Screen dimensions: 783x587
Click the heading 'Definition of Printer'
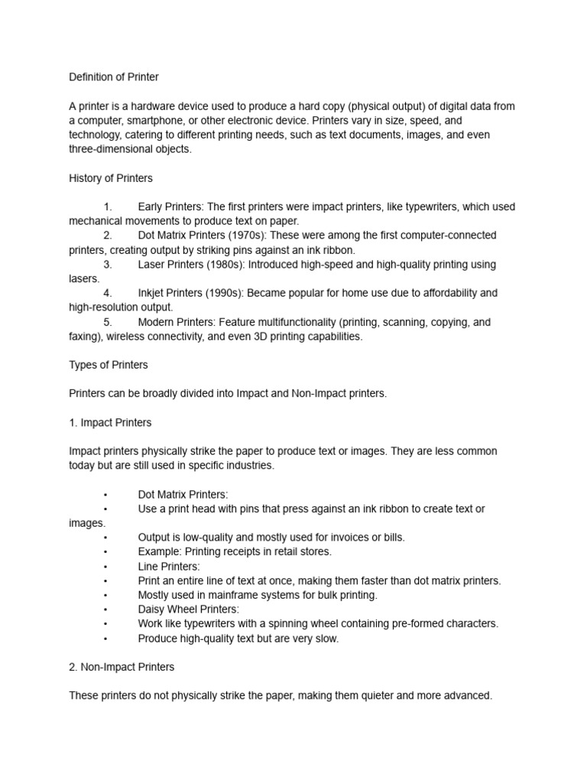pos(114,77)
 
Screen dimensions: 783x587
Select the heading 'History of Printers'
pos(111,178)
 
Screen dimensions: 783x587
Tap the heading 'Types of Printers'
pos(109,365)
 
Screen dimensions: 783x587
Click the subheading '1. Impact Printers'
pos(110,422)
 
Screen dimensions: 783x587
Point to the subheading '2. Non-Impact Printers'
pos(122,667)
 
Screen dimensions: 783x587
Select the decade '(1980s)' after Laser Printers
pos(226,265)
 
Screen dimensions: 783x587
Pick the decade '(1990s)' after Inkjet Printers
pos(222,293)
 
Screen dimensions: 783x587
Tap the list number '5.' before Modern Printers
pos(108,322)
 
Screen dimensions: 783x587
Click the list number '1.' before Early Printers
pos(108,206)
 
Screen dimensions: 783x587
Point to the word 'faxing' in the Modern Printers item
pos(83,336)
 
